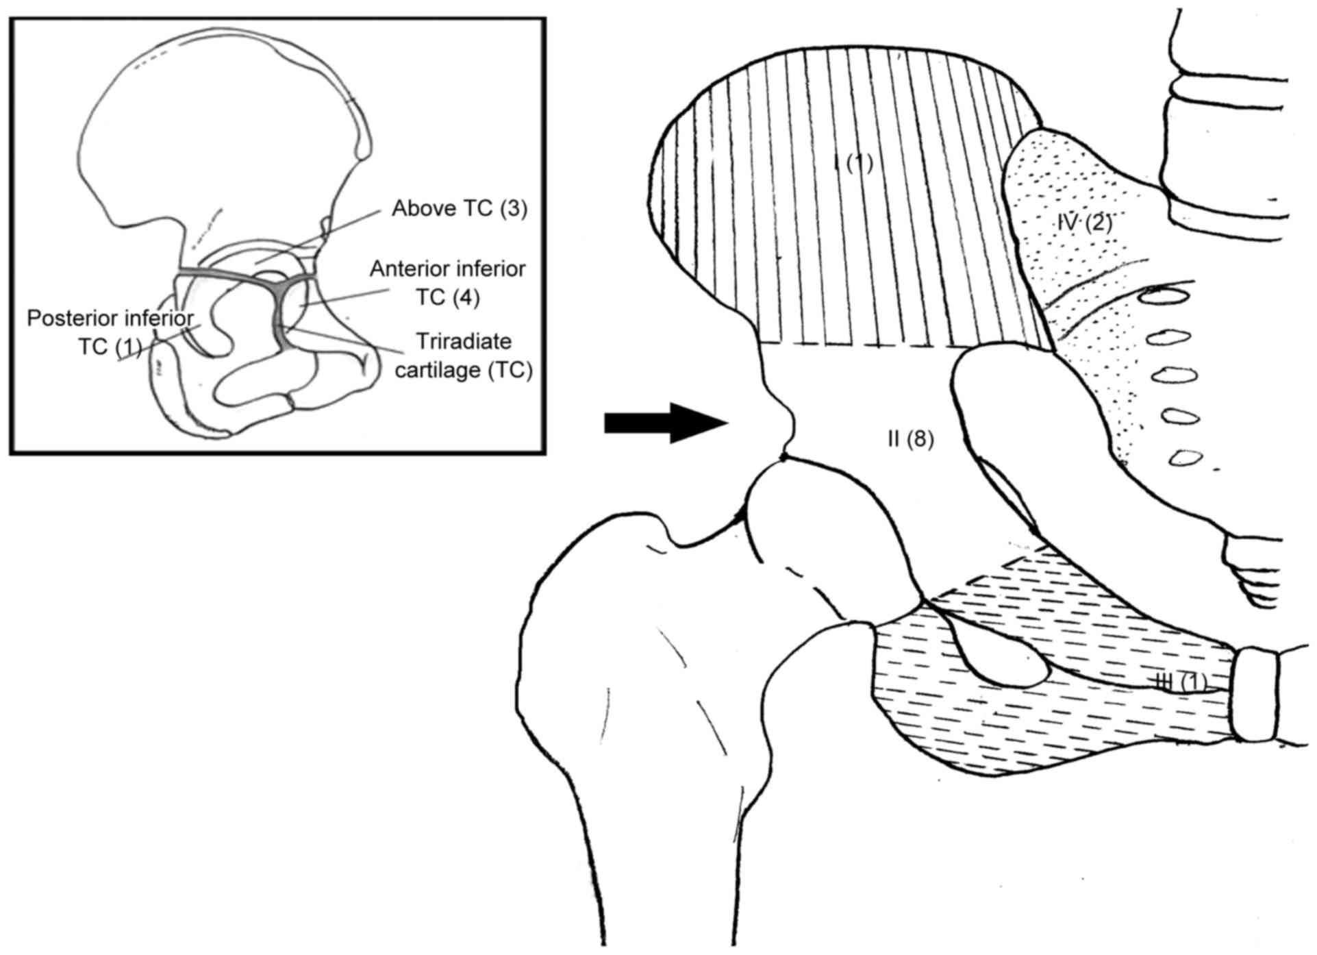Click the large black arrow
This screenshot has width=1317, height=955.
pyautogui.click(x=664, y=423)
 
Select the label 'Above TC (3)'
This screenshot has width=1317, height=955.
pyautogui.click(x=460, y=208)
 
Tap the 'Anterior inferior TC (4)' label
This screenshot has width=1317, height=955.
pyautogui.click(x=448, y=282)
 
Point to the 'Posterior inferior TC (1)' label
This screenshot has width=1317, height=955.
pyautogui.click(x=110, y=332)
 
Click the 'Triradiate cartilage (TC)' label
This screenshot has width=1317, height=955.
pyautogui.click(x=464, y=356)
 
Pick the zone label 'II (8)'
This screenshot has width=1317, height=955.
pyautogui.click(x=910, y=439)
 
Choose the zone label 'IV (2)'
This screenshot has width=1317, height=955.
pyautogui.click(x=1083, y=222)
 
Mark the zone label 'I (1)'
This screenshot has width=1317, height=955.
pyautogui.click(x=853, y=163)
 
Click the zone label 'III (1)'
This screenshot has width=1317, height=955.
pyautogui.click(x=1180, y=682)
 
